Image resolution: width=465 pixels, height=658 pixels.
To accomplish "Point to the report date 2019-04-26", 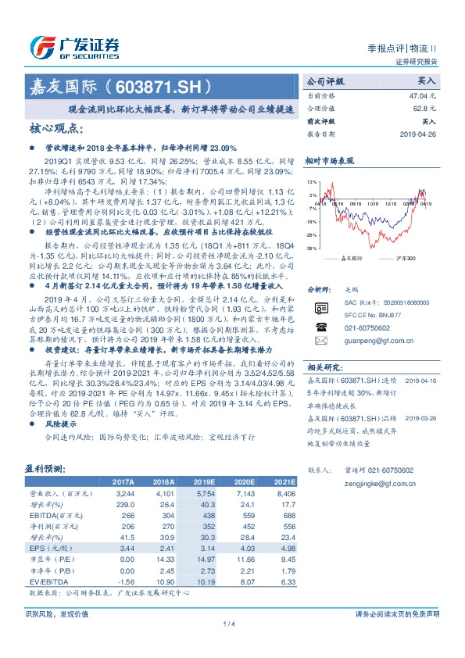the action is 418,134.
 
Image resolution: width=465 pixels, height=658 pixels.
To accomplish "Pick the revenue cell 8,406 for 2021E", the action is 285,494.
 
